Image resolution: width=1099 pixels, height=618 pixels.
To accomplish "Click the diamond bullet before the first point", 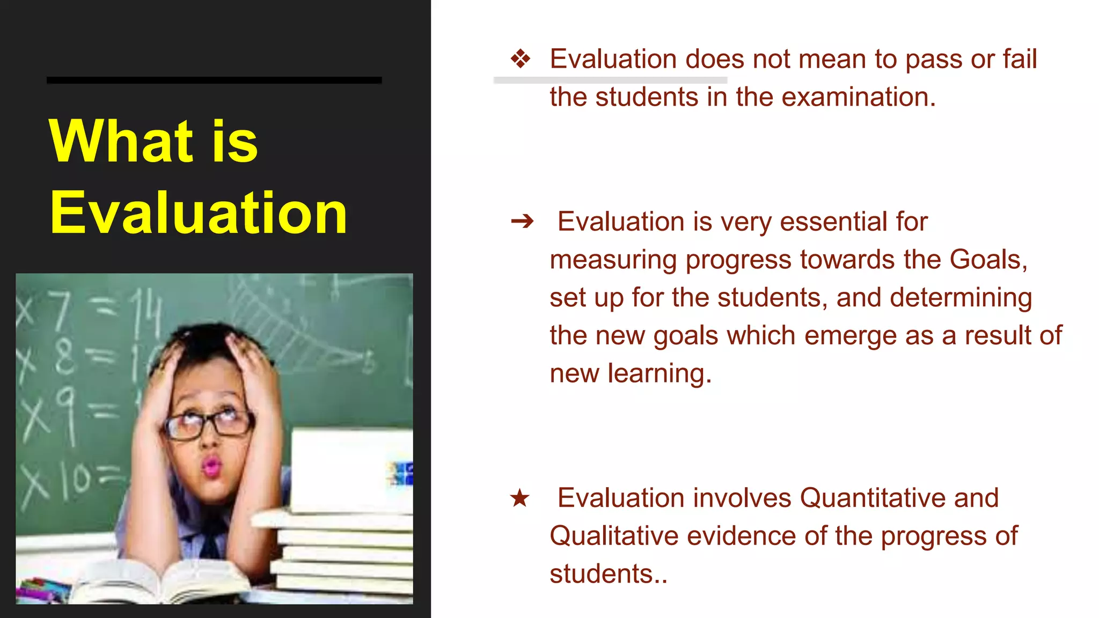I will pos(520,59).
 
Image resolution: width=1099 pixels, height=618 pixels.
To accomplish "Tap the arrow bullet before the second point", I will pos(522,221).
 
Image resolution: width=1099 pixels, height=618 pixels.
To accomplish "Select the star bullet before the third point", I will pos(519,498).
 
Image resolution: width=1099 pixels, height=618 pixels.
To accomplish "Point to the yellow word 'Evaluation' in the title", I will pos(199,213).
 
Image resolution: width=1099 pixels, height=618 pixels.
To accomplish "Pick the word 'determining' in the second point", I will pos(961,298).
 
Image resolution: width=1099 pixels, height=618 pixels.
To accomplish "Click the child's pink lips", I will pos(210,466).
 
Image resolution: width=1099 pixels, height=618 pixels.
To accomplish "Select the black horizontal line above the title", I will pos(214,80).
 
